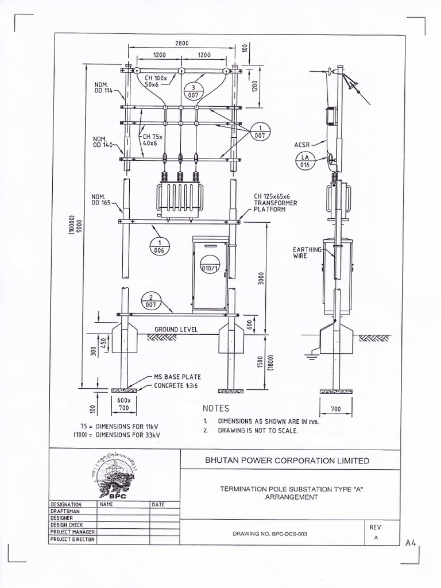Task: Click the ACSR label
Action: (x=303, y=145)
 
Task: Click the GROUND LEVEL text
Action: (x=176, y=330)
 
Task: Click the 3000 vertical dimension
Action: (x=261, y=278)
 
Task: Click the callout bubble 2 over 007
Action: (x=150, y=300)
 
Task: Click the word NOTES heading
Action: (x=216, y=408)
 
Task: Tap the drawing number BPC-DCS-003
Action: (x=270, y=533)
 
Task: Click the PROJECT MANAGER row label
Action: (x=72, y=532)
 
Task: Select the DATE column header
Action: (x=158, y=504)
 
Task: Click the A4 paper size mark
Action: (x=411, y=543)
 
